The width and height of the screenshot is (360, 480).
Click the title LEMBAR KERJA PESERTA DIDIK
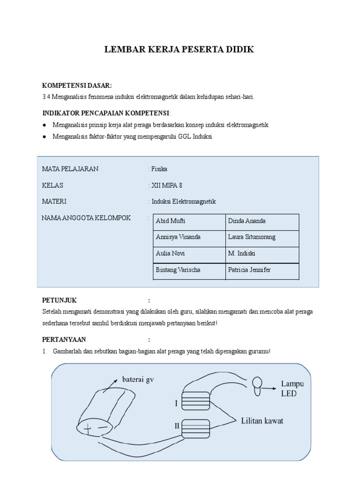tap(179, 49)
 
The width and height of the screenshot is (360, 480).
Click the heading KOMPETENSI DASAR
tap(77, 85)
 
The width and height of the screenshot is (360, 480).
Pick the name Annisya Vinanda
tap(178, 237)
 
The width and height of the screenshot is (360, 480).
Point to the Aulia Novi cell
tap(170, 253)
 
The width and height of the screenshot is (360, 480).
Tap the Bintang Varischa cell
tap(178, 270)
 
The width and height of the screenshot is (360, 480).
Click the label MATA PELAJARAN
tap(70, 169)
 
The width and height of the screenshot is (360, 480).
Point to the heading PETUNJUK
tap(60, 300)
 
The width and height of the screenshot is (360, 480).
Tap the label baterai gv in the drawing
tap(138, 379)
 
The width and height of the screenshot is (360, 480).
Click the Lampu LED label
tap(292, 389)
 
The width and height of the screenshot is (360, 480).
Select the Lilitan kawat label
tap(262, 420)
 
